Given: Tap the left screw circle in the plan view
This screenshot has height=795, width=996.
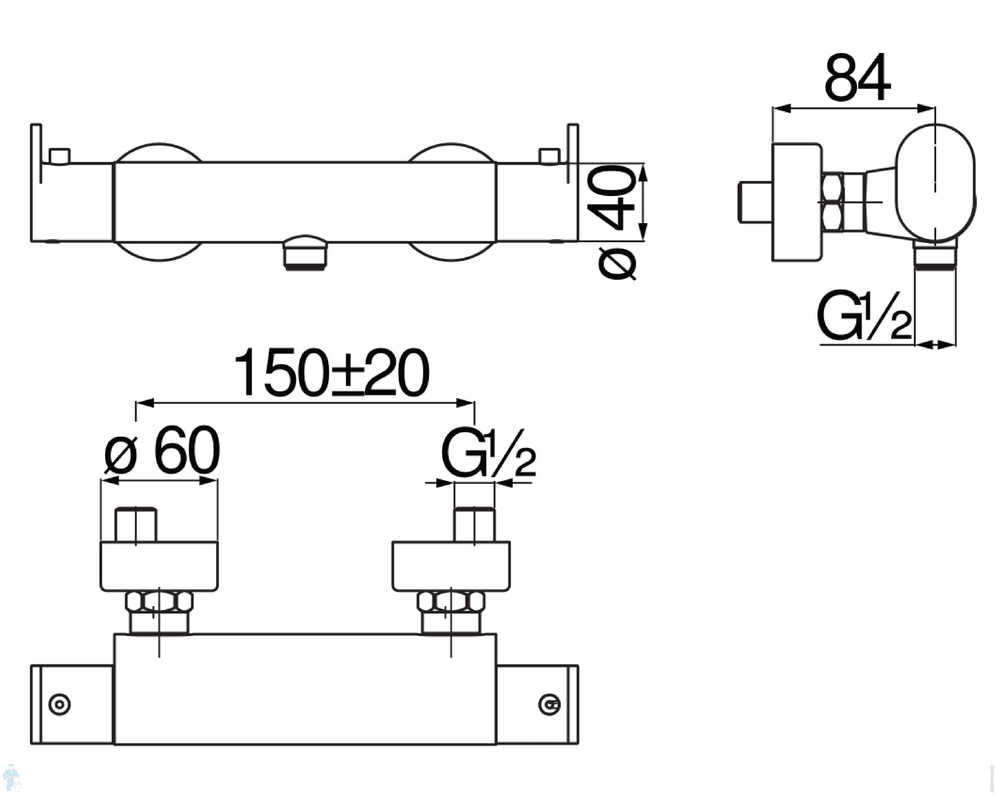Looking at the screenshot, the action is click(60, 705).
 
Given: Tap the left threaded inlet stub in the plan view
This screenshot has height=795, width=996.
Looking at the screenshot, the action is click(136, 525).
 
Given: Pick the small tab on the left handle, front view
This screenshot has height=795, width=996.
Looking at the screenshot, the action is click(60, 156).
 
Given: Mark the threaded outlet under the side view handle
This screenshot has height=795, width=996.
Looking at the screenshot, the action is click(936, 254).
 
